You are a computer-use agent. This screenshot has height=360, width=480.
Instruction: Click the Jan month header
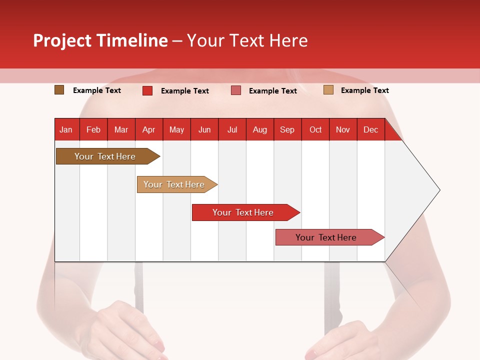point(66,129)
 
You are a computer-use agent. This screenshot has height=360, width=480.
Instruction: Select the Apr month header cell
point(149,129)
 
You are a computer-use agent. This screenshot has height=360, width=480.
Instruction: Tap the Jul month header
point(232,129)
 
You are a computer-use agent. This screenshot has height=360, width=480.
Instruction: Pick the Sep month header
point(287,129)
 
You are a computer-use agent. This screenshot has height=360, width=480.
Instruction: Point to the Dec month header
point(370,129)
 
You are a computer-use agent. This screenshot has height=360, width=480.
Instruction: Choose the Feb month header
point(93,129)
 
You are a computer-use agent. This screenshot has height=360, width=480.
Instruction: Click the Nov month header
point(343,129)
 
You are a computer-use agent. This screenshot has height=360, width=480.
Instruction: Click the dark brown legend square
point(59,90)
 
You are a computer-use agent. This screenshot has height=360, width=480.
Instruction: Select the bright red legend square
point(147,90)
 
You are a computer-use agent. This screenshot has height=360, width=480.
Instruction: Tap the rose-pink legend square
point(236,90)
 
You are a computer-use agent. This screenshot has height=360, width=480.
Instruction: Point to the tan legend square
point(328,90)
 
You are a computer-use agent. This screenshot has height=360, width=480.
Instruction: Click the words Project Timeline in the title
point(100,40)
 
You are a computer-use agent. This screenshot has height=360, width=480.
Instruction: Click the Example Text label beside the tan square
point(364,90)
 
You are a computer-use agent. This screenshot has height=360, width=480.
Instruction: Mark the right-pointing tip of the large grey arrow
point(439,190)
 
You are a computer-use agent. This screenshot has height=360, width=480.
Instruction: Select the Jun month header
point(204,129)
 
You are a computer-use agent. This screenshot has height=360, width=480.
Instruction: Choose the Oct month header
point(315,129)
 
